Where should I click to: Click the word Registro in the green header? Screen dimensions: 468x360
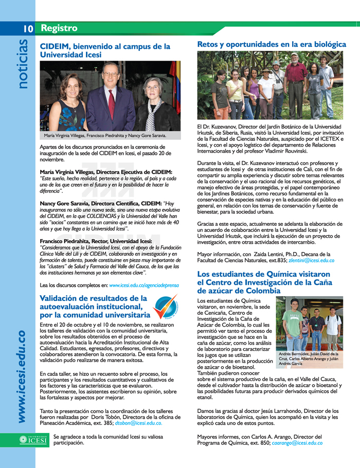[59, 28]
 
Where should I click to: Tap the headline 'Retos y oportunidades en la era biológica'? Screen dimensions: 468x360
[272, 45]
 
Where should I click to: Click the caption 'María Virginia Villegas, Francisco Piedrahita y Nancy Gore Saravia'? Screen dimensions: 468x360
[105, 136]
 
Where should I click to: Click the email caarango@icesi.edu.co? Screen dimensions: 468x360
[297, 443]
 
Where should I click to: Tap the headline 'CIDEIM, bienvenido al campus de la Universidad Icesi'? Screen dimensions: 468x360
[105, 50]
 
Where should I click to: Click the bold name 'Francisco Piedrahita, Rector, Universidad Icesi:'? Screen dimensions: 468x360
[96, 241]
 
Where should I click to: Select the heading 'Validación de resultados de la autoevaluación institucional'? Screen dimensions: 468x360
[95, 307]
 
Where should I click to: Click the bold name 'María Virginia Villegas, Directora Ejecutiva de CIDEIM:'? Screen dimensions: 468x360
[106, 172]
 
